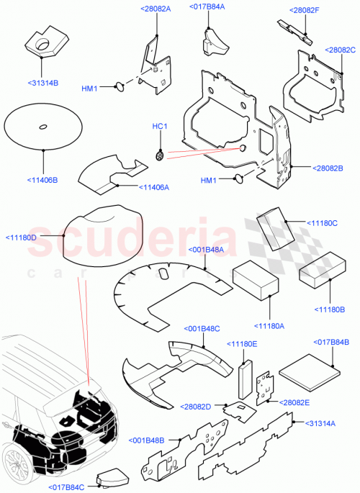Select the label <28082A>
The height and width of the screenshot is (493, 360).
pos(157,9)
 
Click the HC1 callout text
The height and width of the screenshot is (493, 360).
pos(159,127)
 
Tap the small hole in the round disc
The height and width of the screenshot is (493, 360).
pos(43,127)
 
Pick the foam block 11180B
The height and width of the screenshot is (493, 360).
pos(324,275)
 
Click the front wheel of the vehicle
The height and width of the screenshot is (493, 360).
pos(16,461)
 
